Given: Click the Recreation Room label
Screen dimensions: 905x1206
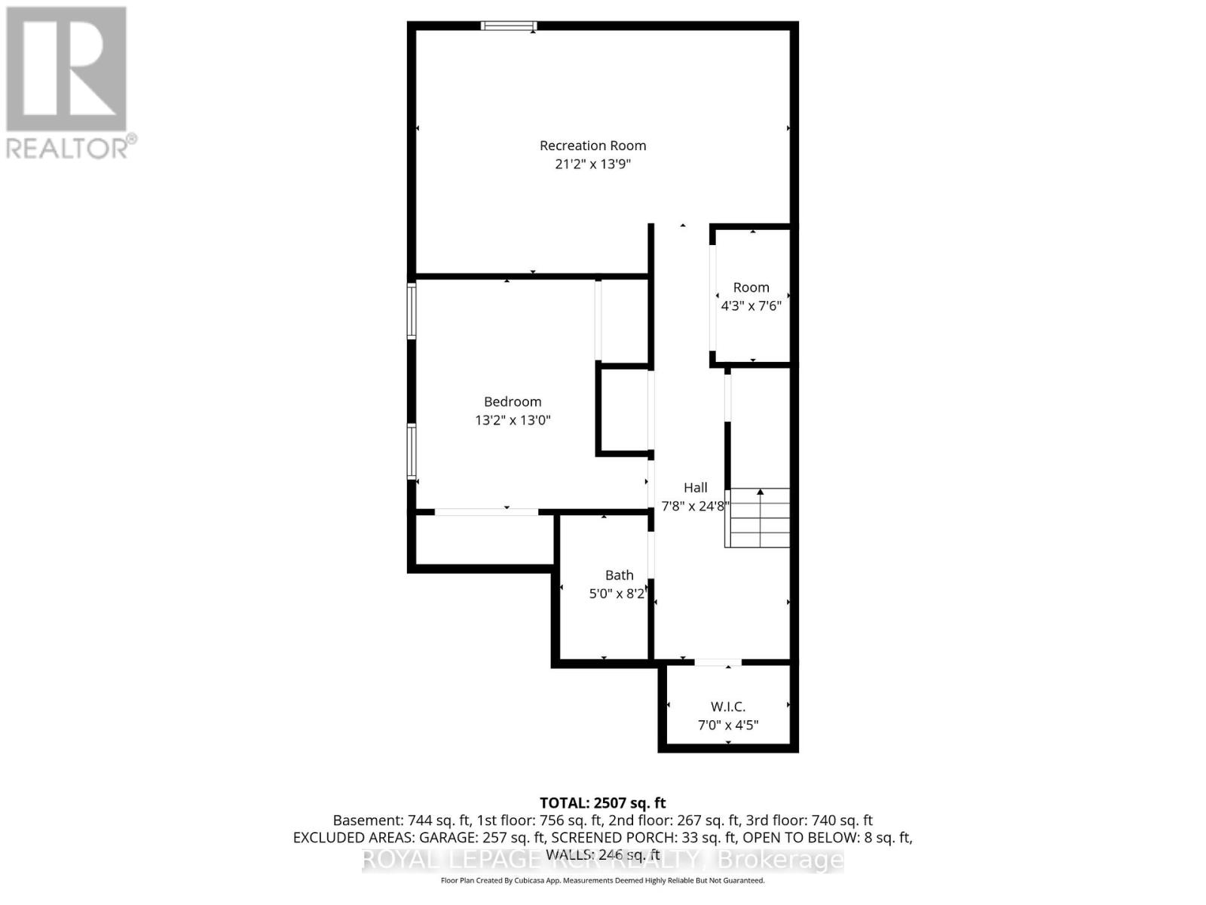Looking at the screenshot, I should [x=592, y=146].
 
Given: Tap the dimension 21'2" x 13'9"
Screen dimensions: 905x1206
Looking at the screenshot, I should [x=592, y=164].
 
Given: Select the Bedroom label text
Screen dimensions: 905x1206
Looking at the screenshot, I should [x=513, y=402].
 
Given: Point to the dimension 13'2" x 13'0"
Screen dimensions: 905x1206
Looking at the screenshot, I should [x=513, y=420].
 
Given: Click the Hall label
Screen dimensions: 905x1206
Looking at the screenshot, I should [x=695, y=488].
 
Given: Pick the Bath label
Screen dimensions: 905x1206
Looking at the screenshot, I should [x=619, y=575].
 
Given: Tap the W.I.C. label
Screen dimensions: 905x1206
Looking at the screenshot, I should [x=727, y=707].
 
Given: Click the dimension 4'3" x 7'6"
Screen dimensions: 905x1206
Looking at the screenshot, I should [x=751, y=306].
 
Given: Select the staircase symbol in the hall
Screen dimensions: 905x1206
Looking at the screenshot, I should [x=758, y=517].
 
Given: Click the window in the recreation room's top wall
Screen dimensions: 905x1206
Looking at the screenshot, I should [x=509, y=26].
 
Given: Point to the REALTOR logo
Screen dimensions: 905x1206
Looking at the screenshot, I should [x=68, y=83].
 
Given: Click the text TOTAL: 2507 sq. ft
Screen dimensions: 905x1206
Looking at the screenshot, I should [x=602, y=803].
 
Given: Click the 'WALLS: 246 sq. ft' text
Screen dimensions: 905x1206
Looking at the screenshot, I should [x=602, y=854].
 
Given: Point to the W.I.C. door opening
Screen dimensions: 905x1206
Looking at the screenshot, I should [x=718, y=663].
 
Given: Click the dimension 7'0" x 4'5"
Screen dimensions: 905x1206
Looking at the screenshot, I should [x=727, y=726].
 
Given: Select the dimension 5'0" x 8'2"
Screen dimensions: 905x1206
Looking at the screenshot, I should [x=617, y=594].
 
